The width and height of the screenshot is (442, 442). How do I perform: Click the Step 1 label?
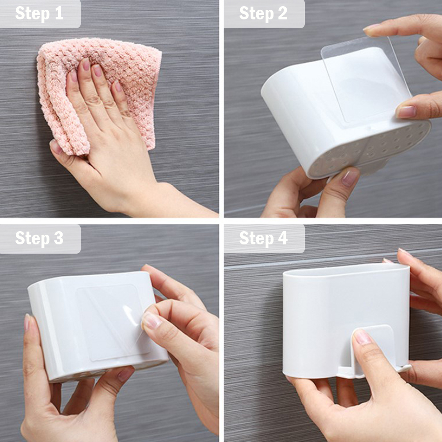tap(39, 13)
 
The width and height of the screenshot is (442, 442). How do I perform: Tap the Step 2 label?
tap(263, 13)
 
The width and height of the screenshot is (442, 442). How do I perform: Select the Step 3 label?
tap(39, 238)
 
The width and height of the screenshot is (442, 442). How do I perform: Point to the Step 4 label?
tap(263, 238)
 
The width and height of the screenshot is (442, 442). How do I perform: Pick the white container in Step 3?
tap(96, 324)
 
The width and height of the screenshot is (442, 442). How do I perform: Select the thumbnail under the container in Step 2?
tap(349, 178)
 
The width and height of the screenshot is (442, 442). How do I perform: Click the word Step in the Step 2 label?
tap(256, 13)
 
